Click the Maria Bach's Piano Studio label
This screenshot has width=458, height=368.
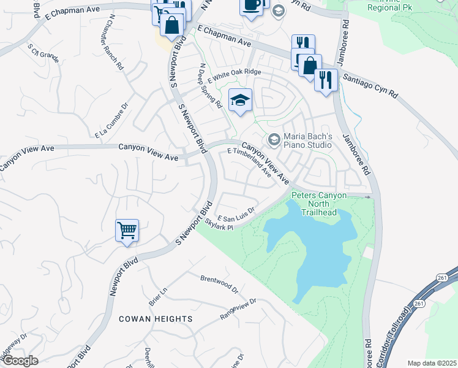[x=307, y=140]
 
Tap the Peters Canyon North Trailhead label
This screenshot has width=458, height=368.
[x=318, y=204]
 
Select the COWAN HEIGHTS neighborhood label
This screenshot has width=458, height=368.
[x=156, y=319]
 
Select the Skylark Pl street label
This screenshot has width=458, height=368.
[x=219, y=226]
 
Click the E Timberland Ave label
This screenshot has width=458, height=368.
[x=249, y=162]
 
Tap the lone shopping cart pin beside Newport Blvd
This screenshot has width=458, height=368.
[x=127, y=231]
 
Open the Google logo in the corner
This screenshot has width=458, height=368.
[x=20, y=361]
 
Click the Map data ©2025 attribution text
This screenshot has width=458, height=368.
[x=432, y=363]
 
